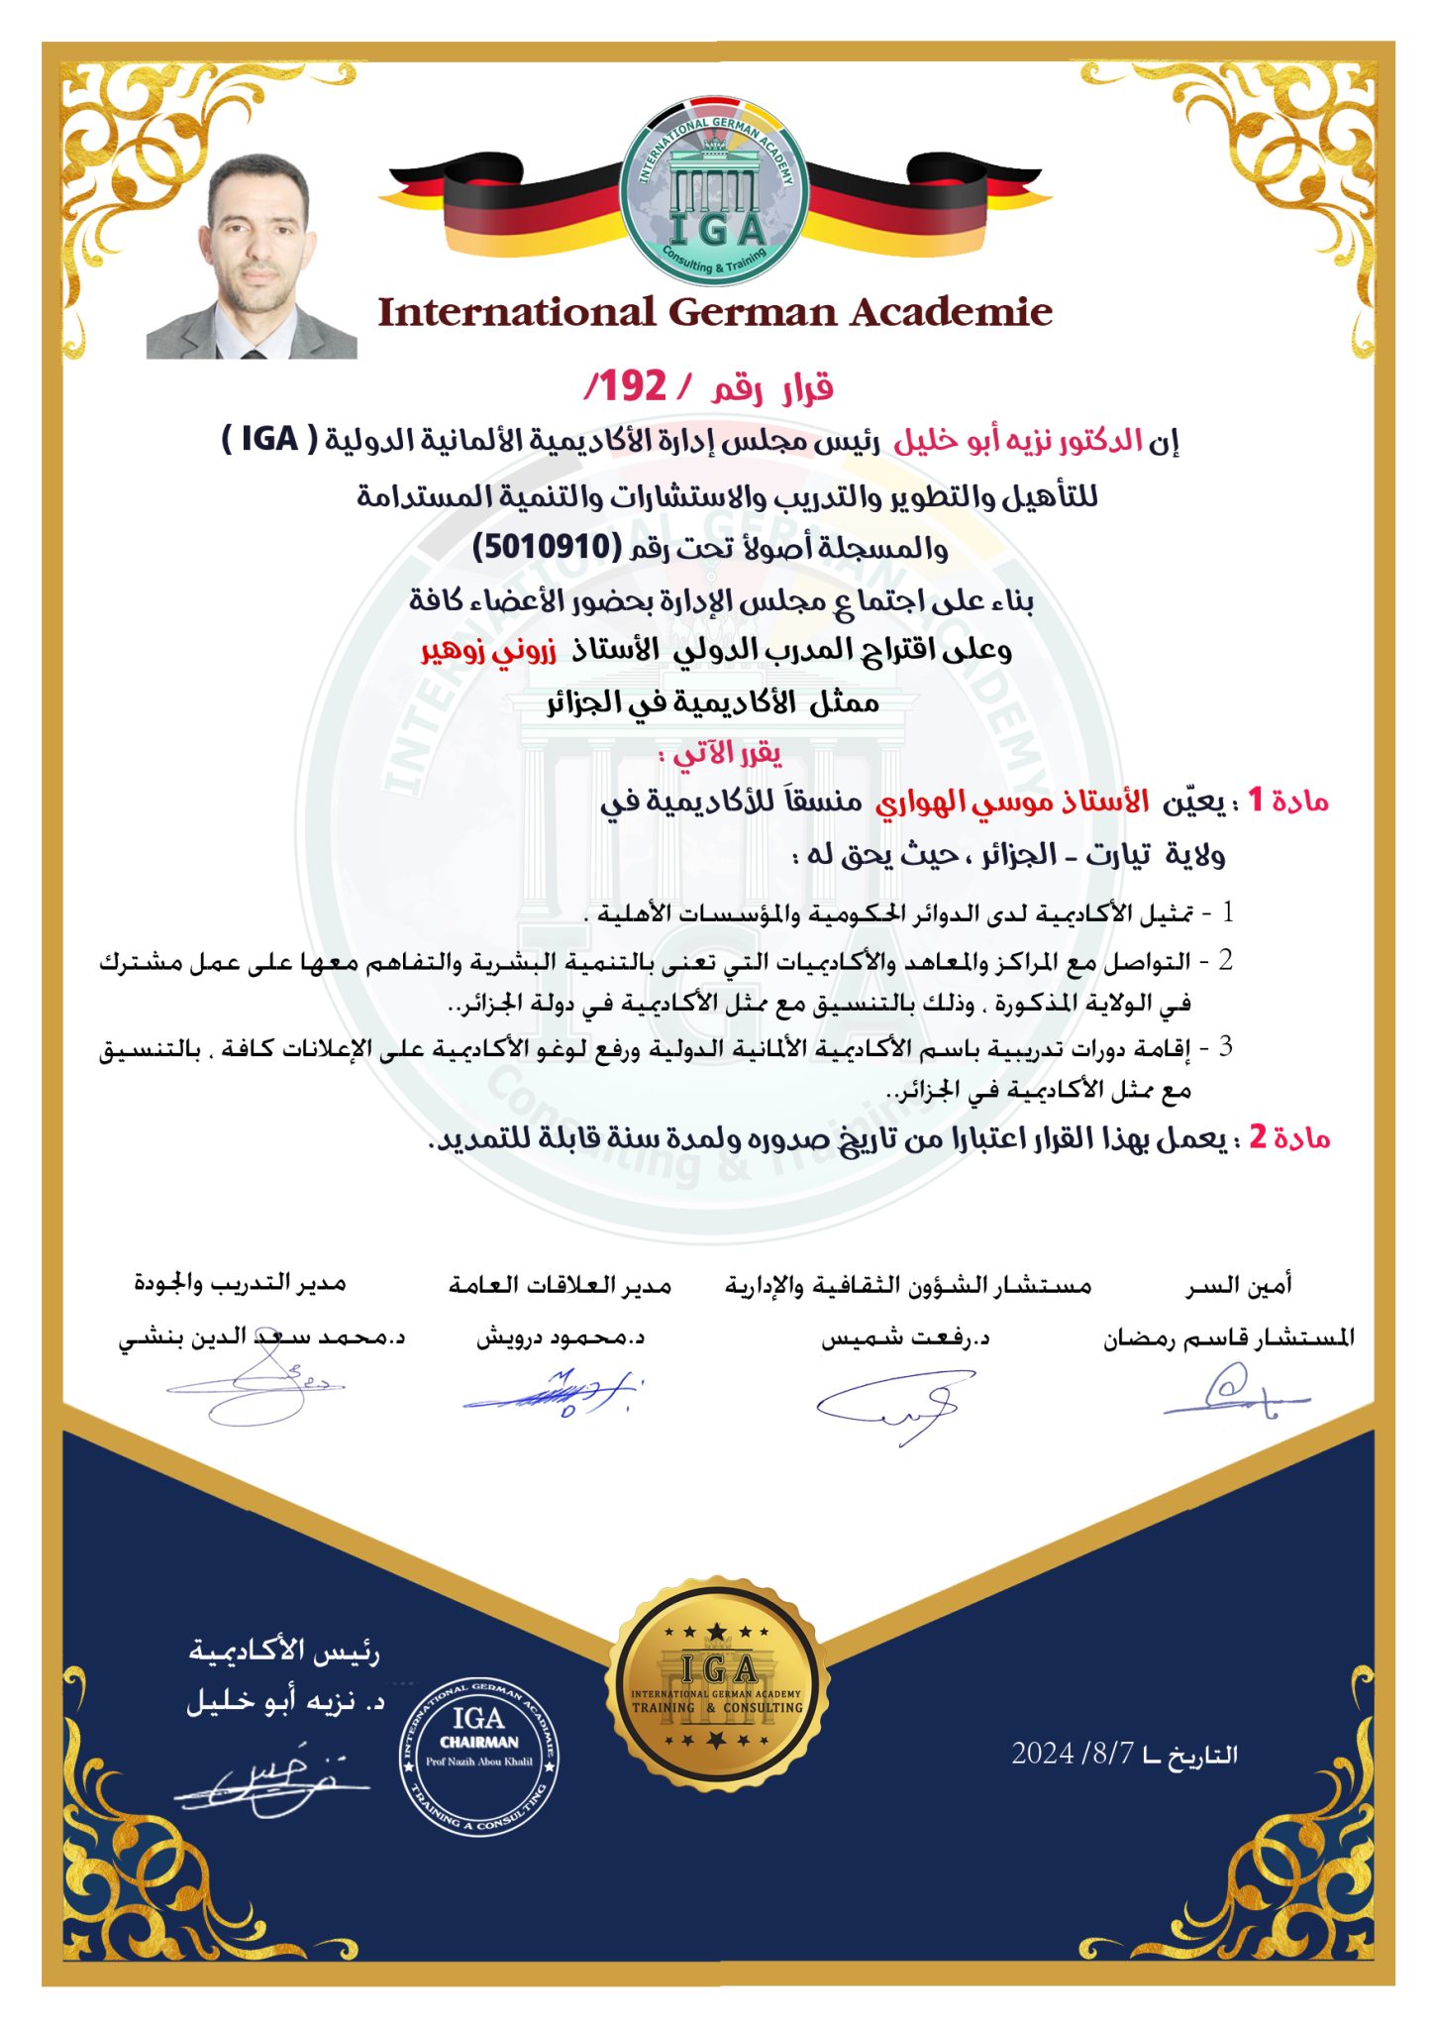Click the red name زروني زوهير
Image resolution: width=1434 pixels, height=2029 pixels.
489,651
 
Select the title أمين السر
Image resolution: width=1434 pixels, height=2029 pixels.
1239,1285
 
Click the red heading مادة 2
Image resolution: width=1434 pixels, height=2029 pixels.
1288,1136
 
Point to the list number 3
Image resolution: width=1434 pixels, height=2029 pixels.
1225,1046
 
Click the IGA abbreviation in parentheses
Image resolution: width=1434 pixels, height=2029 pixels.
269,439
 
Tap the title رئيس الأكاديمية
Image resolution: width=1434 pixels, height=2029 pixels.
284,1652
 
